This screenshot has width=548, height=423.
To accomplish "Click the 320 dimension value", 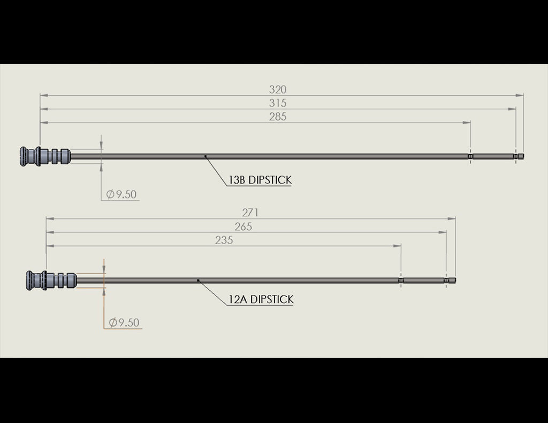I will [278, 89].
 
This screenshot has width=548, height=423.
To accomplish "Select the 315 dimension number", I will [278, 103].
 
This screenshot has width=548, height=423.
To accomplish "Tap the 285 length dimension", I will [278, 117].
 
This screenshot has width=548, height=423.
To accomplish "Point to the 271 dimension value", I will [250, 213].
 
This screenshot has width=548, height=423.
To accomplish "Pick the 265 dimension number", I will [243, 226].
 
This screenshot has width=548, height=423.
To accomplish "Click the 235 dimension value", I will [224, 240].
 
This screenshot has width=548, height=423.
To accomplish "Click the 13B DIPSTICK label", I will [260, 180].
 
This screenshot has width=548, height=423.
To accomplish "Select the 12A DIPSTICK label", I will [261, 299].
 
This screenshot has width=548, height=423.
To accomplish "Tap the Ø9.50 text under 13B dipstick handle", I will [121, 194].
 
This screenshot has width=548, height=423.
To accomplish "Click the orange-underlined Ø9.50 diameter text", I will [124, 322].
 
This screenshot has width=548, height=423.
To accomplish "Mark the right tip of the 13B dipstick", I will [522, 156].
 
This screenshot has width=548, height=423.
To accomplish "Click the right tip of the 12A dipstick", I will [454, 280].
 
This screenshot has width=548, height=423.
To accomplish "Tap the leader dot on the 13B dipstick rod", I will [205, 156].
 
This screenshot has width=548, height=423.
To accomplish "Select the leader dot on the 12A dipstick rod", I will [198, 280].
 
